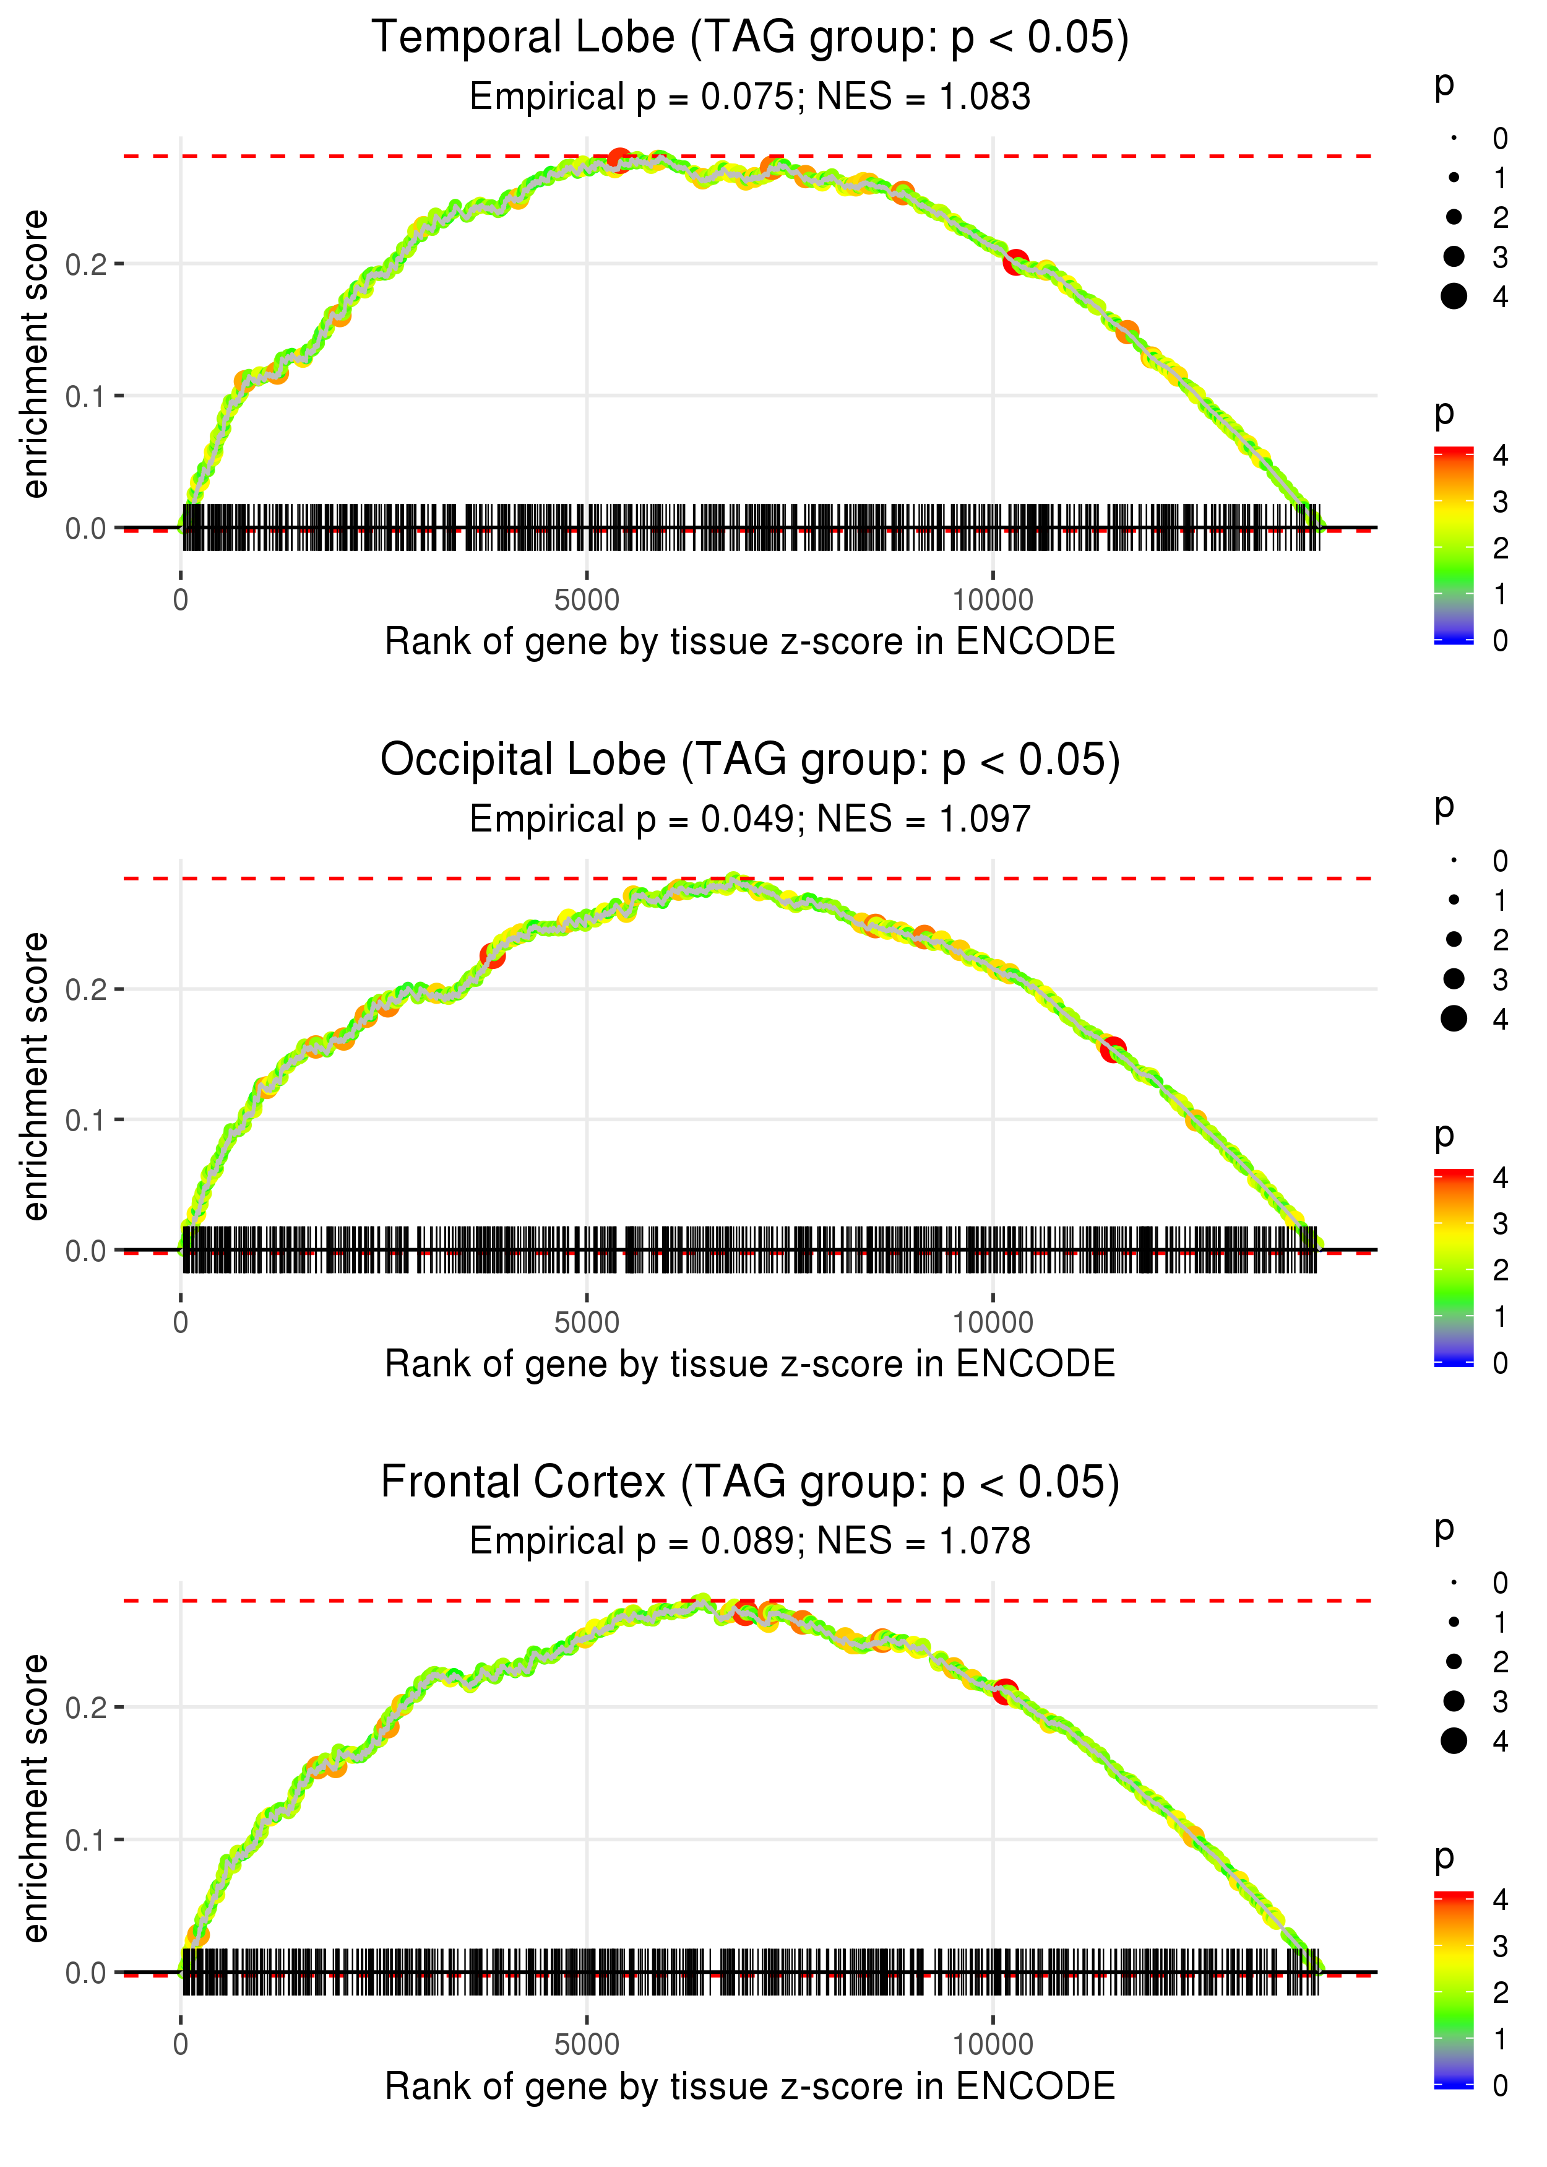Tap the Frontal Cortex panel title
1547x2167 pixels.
tap(750, 1483)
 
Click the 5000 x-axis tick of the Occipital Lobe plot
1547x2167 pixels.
tap(587, 1322)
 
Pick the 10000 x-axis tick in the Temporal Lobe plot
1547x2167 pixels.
tap(993, 601)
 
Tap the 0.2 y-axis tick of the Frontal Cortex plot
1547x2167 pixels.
tap(86, 1708)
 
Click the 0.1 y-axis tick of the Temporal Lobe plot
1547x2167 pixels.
tap(86, 396)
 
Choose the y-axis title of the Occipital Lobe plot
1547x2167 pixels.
tap(35, 1077)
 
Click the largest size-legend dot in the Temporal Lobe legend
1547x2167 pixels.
tap(1454, 297)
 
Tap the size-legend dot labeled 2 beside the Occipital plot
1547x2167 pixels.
tap(1454, 940)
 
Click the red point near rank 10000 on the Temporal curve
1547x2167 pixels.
tap(1015, 262)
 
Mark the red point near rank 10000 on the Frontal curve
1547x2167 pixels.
tap(1005, 1693)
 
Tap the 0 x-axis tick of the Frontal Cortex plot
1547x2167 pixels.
tap(181, 2045)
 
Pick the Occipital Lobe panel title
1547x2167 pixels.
tap(750, 760)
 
